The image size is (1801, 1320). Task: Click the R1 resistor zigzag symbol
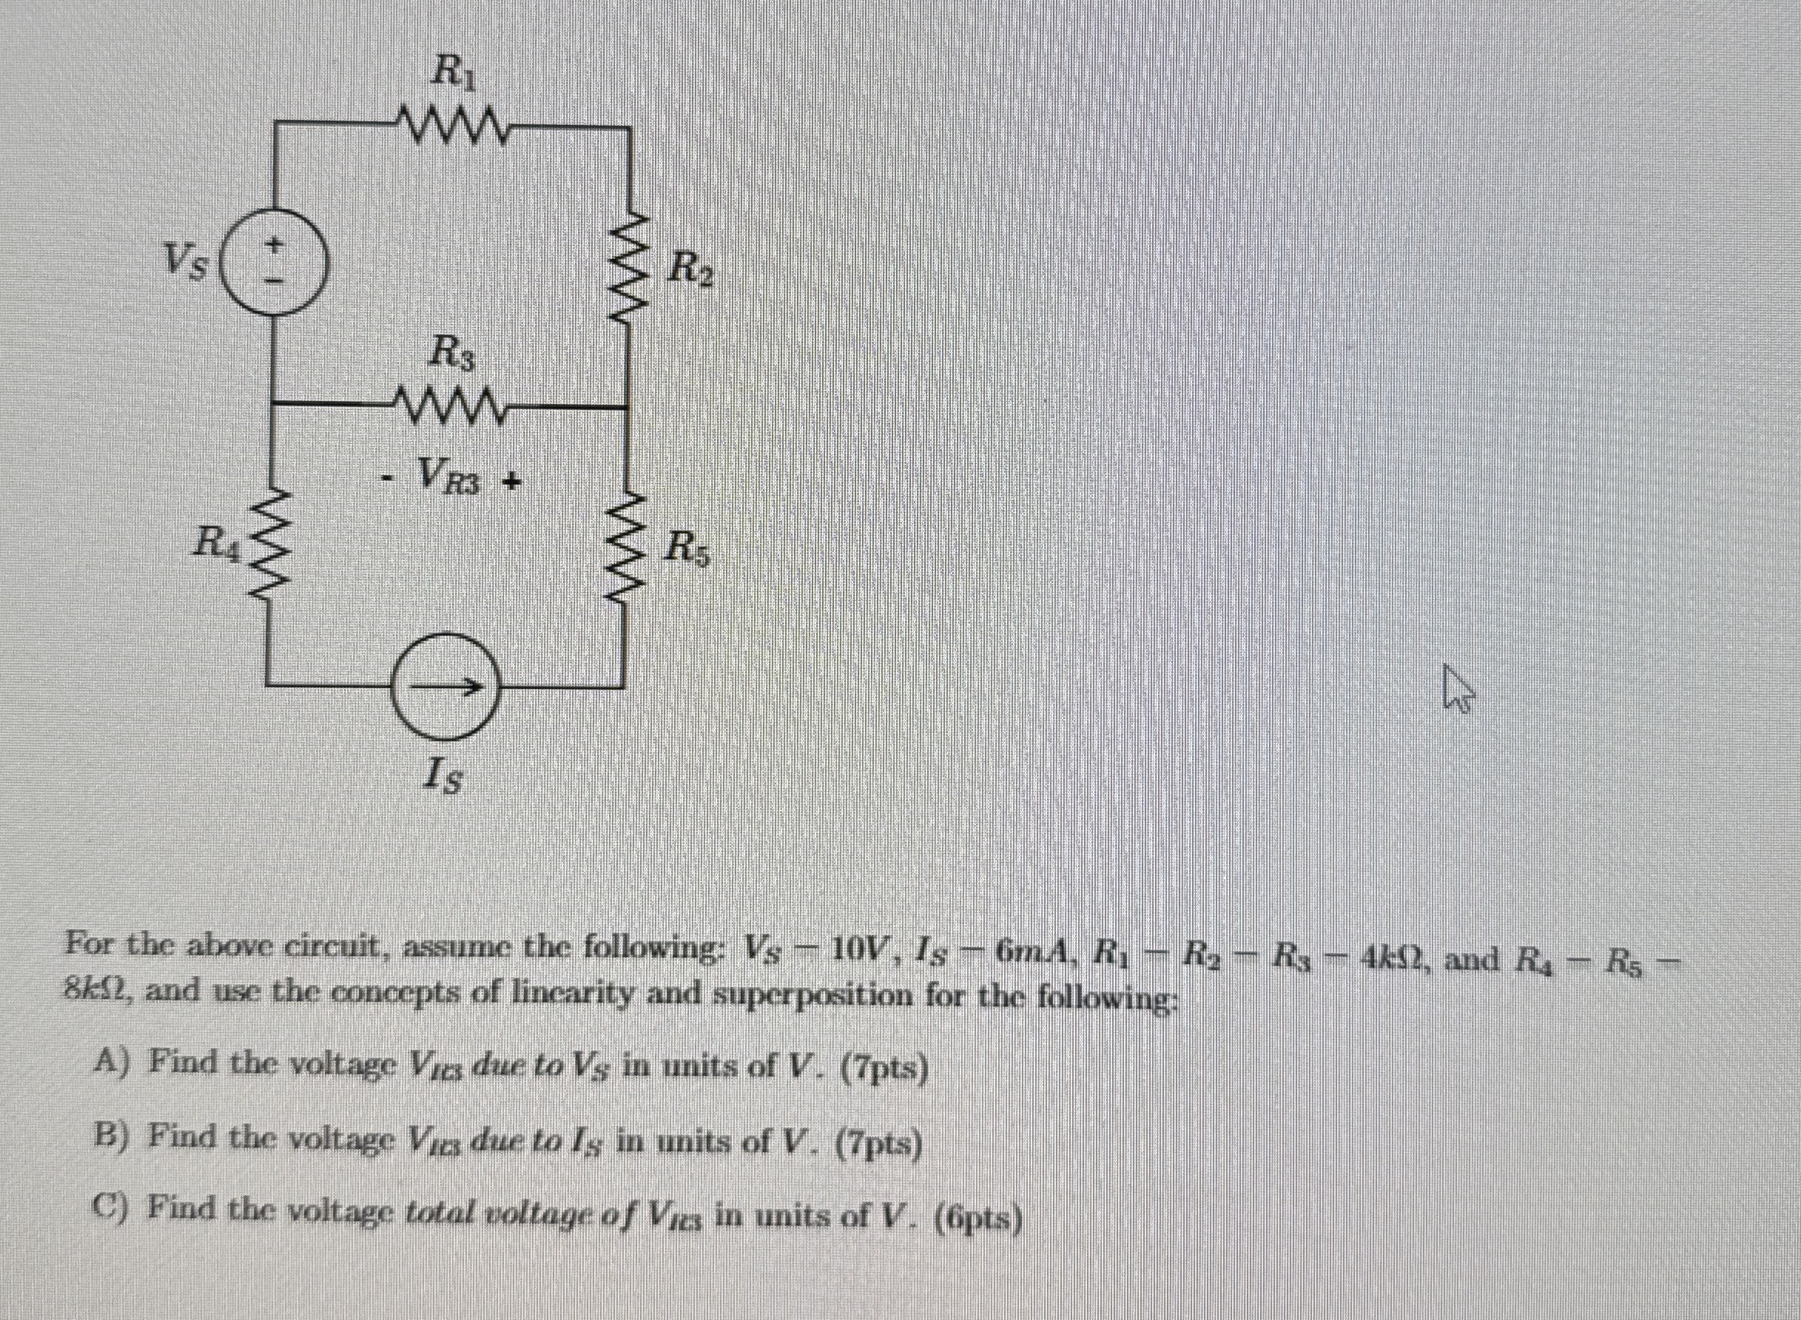(x=449, y=124)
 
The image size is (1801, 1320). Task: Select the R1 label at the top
(x=448, y=71)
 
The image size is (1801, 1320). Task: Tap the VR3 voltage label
(x=451, y=479)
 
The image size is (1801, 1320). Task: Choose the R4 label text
(x=218, y=543)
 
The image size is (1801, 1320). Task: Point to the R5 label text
(x=689, y=549)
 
